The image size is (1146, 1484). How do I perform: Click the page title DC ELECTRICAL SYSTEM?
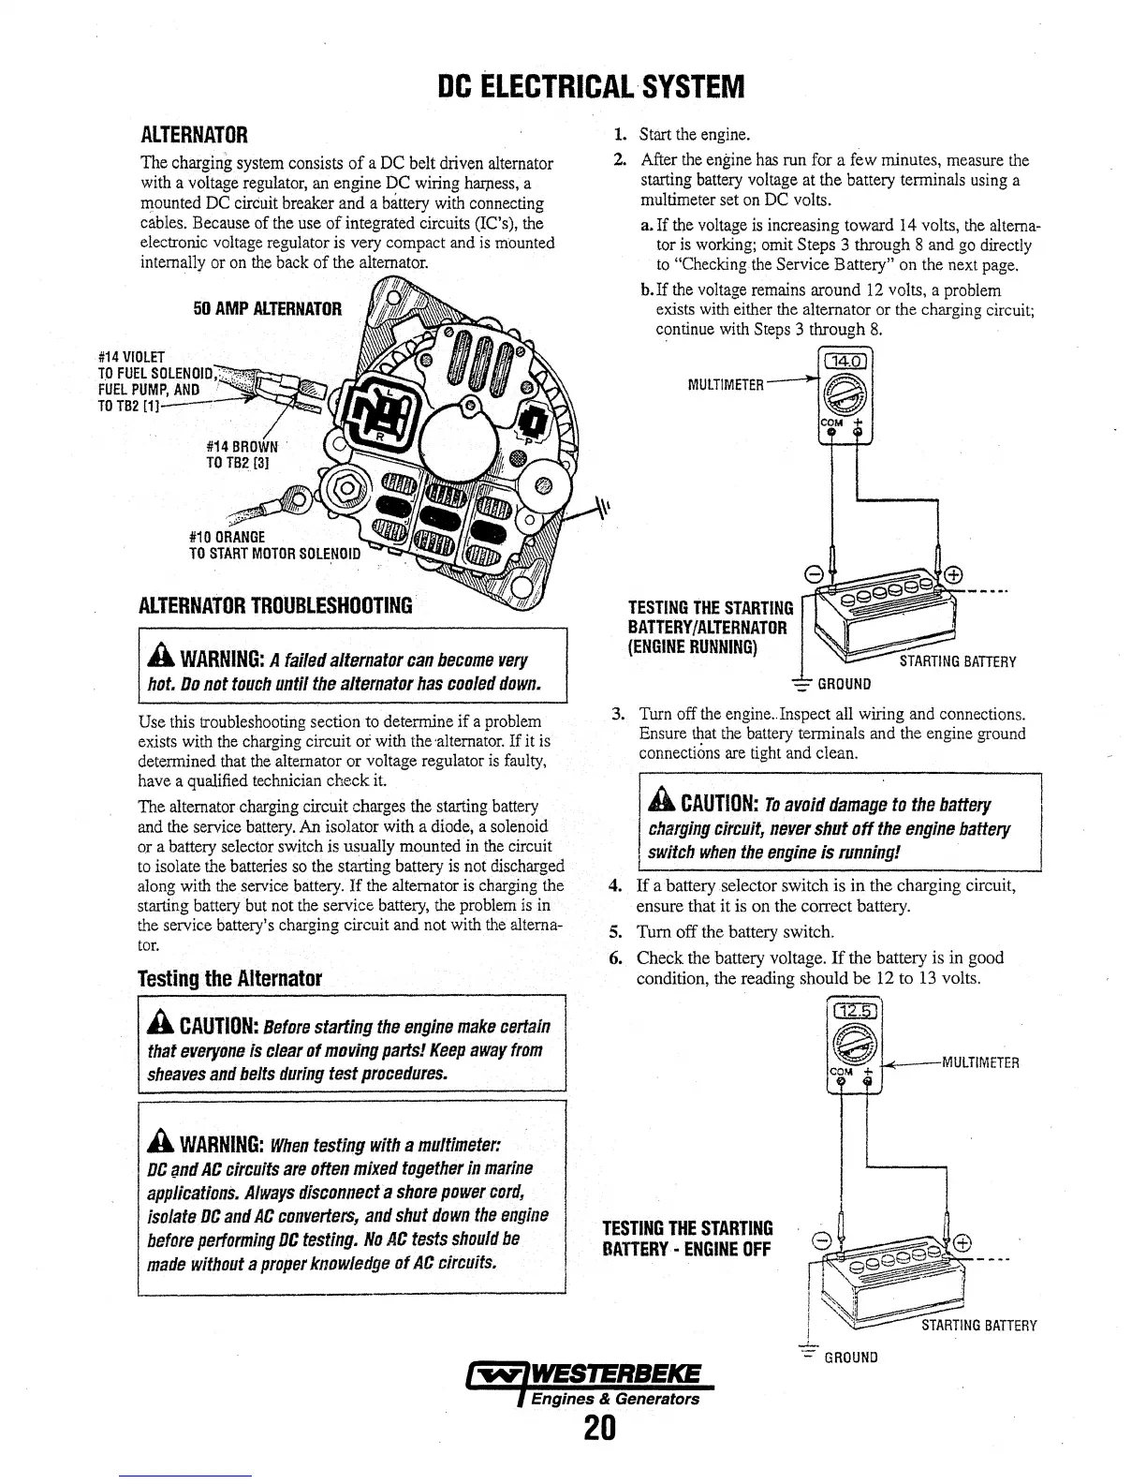tap(592, 87)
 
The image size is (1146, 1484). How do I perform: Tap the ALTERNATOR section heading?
tap(193, 135)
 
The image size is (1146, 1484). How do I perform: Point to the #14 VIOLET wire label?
tap(131, 357)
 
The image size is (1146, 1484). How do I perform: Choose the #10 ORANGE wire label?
tap(227, 537)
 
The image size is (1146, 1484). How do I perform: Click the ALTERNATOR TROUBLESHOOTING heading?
tap(274, 604)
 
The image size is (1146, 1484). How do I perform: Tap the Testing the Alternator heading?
tap(229, 980)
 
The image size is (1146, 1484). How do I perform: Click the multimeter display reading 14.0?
tap(845, 363)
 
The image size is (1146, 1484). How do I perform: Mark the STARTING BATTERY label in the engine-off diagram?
tap(978, 1326)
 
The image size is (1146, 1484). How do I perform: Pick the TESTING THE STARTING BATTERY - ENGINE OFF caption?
tap(688, 1239)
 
